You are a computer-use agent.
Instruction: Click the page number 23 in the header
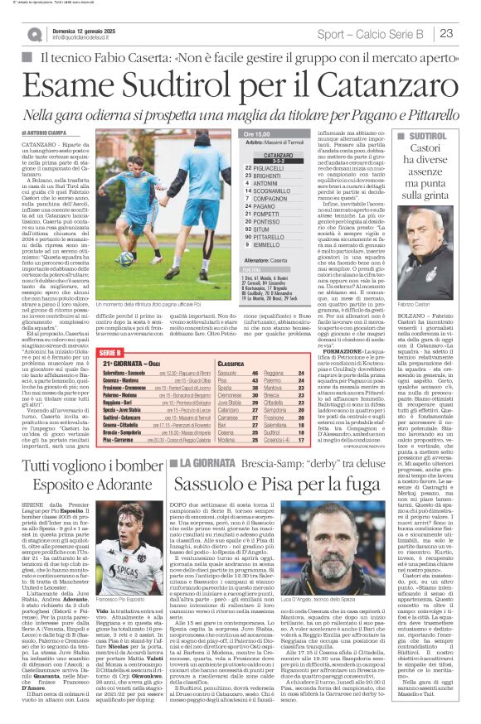(x=445, y=33)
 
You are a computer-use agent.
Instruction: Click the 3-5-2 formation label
(x=278, y=158)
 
